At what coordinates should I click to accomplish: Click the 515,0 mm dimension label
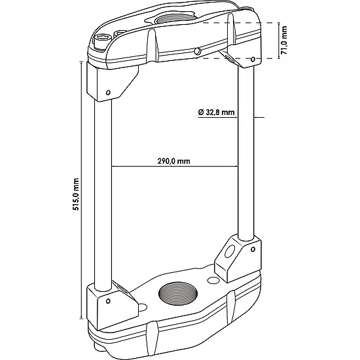tap(76, 194)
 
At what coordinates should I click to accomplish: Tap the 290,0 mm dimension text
tap(174, 161)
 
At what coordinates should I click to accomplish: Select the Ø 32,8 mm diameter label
tap(216, 113)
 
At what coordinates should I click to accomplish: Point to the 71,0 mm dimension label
tap(284, 40)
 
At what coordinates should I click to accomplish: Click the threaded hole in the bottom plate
tap(178, 293)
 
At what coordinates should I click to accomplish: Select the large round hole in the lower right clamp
tap(230, 251)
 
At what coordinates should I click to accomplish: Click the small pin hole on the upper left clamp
tap(108, 92)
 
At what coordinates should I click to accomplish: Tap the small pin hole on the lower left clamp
tap(108, 301)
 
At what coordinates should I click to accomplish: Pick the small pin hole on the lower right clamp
tap(253, 249)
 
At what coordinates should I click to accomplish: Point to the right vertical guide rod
tap(246, 153)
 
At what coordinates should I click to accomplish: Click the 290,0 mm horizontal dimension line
tap(175, 166)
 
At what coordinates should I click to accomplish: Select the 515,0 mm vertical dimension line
tap(81, 190)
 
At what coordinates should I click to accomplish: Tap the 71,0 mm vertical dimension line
tap(279, 41)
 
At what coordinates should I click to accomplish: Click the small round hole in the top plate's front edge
tap(197, 52)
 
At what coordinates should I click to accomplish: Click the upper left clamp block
tap(113, 82)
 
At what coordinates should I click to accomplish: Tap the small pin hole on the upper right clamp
tap(253, 59)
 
